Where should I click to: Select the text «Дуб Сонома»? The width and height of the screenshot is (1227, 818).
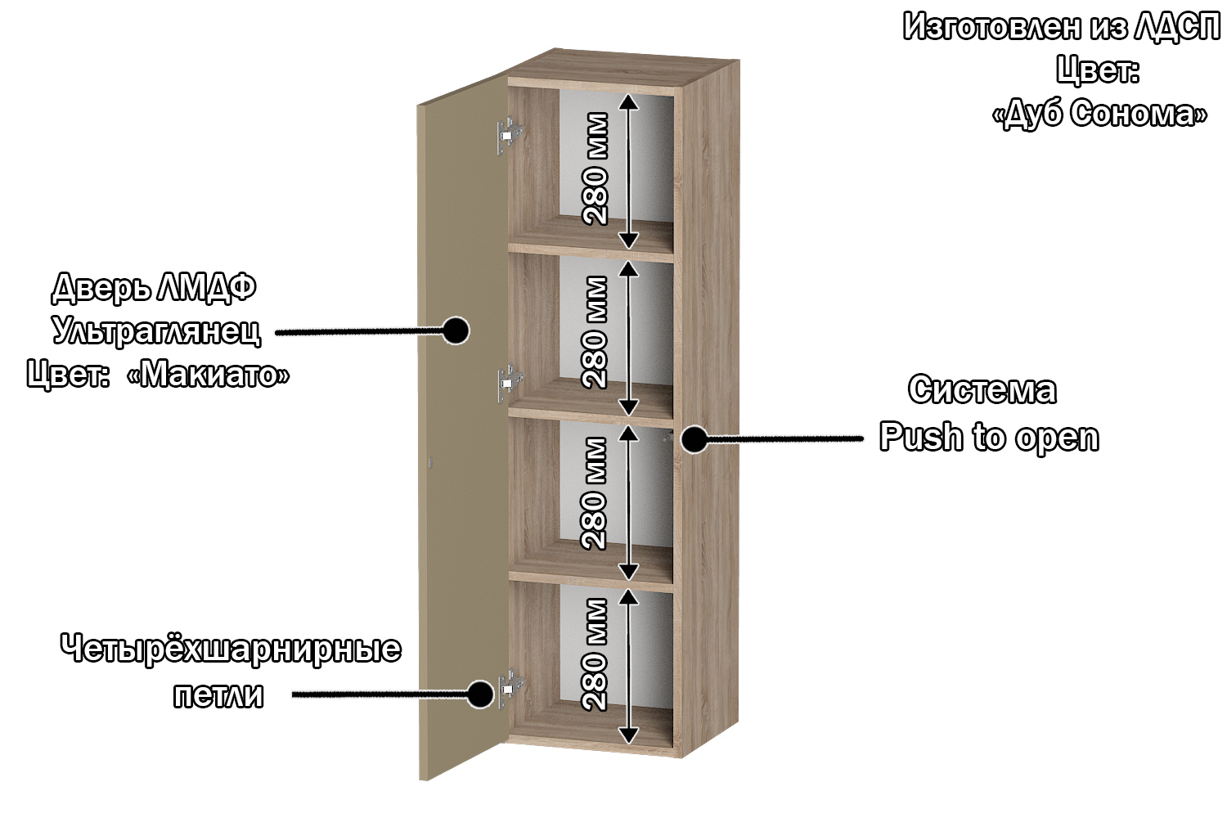[x=1099, y=113]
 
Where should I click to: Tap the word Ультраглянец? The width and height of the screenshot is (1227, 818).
[x=156, y=330]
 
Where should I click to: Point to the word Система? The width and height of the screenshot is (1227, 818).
[x=982, y=389]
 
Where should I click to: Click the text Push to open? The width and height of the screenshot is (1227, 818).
[x=989, y=437]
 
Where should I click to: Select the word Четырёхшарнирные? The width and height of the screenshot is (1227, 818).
[x=231, y=649]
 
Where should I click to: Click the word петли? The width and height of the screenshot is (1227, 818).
[x=218, y=694]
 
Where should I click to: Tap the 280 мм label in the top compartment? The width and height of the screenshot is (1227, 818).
[x=596, y=169]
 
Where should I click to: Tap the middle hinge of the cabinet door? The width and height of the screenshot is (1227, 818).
[x=510, y=381]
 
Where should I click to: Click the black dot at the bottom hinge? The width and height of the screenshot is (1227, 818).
[x=480, y=694]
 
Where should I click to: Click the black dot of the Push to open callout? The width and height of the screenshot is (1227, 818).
[x=694, y=439]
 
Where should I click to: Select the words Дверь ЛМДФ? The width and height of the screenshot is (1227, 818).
[x=154, y=287]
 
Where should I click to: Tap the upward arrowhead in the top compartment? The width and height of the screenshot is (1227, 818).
[x=627, y=101]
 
